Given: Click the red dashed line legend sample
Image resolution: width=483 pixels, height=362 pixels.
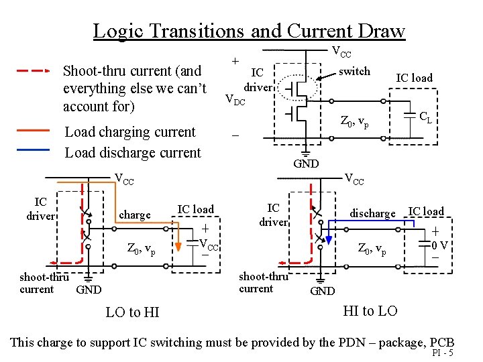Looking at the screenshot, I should [33, 70].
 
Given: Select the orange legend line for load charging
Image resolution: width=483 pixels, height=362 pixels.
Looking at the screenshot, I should [33, 130].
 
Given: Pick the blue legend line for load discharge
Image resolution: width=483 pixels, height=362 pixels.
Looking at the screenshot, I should [33, 151].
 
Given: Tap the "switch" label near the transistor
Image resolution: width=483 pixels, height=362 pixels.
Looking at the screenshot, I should [354, 71].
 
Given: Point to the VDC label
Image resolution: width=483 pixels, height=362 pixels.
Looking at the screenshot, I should [235, 101].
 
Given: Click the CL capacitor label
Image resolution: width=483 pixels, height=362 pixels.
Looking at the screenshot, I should [425, 119].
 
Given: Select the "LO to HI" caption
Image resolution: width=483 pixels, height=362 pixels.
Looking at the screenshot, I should [133, 312].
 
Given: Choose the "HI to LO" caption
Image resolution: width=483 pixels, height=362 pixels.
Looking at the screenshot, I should [370, 310].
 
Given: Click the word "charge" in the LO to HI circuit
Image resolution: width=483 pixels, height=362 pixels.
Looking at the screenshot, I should [134, 215].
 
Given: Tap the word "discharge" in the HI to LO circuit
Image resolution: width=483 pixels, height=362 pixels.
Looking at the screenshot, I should [372, 213].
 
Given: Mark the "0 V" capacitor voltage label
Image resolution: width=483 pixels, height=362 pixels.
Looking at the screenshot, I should [440, 245].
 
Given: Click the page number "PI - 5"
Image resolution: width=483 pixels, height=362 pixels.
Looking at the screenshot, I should [443, 353].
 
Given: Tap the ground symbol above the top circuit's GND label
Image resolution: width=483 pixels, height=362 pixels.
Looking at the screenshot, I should [306, 149].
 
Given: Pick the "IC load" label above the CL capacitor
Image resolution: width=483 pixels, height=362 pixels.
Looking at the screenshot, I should [414, 78].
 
